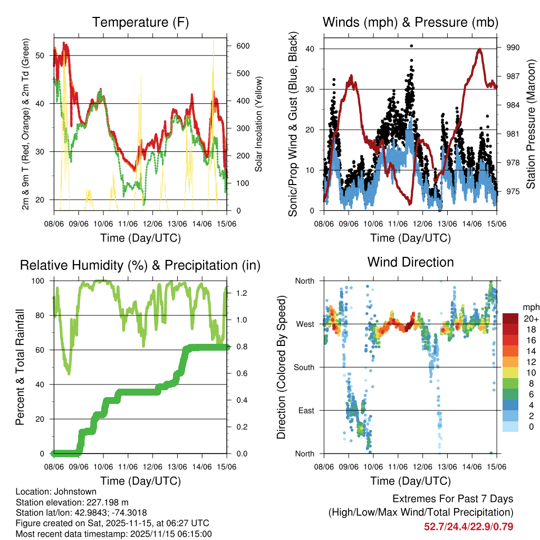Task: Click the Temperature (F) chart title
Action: (x=140, y=22)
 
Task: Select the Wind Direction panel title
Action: (x=410, y=262)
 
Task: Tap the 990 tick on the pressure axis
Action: (x=513, y=47)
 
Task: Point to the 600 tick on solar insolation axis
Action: (x=243, y=46)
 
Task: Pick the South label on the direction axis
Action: (x=304, y=367)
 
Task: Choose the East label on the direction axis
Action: (x=306, y=410)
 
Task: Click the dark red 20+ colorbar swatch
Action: (x=510, y=318)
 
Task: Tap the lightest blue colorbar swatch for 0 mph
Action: (x=510, y=427)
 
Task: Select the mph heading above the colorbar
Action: (x=530, y=307)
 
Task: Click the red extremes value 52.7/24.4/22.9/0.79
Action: (x=468, y=526)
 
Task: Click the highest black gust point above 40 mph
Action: (x=411, y=46)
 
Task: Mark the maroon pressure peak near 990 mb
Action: (x=479, y=49)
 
